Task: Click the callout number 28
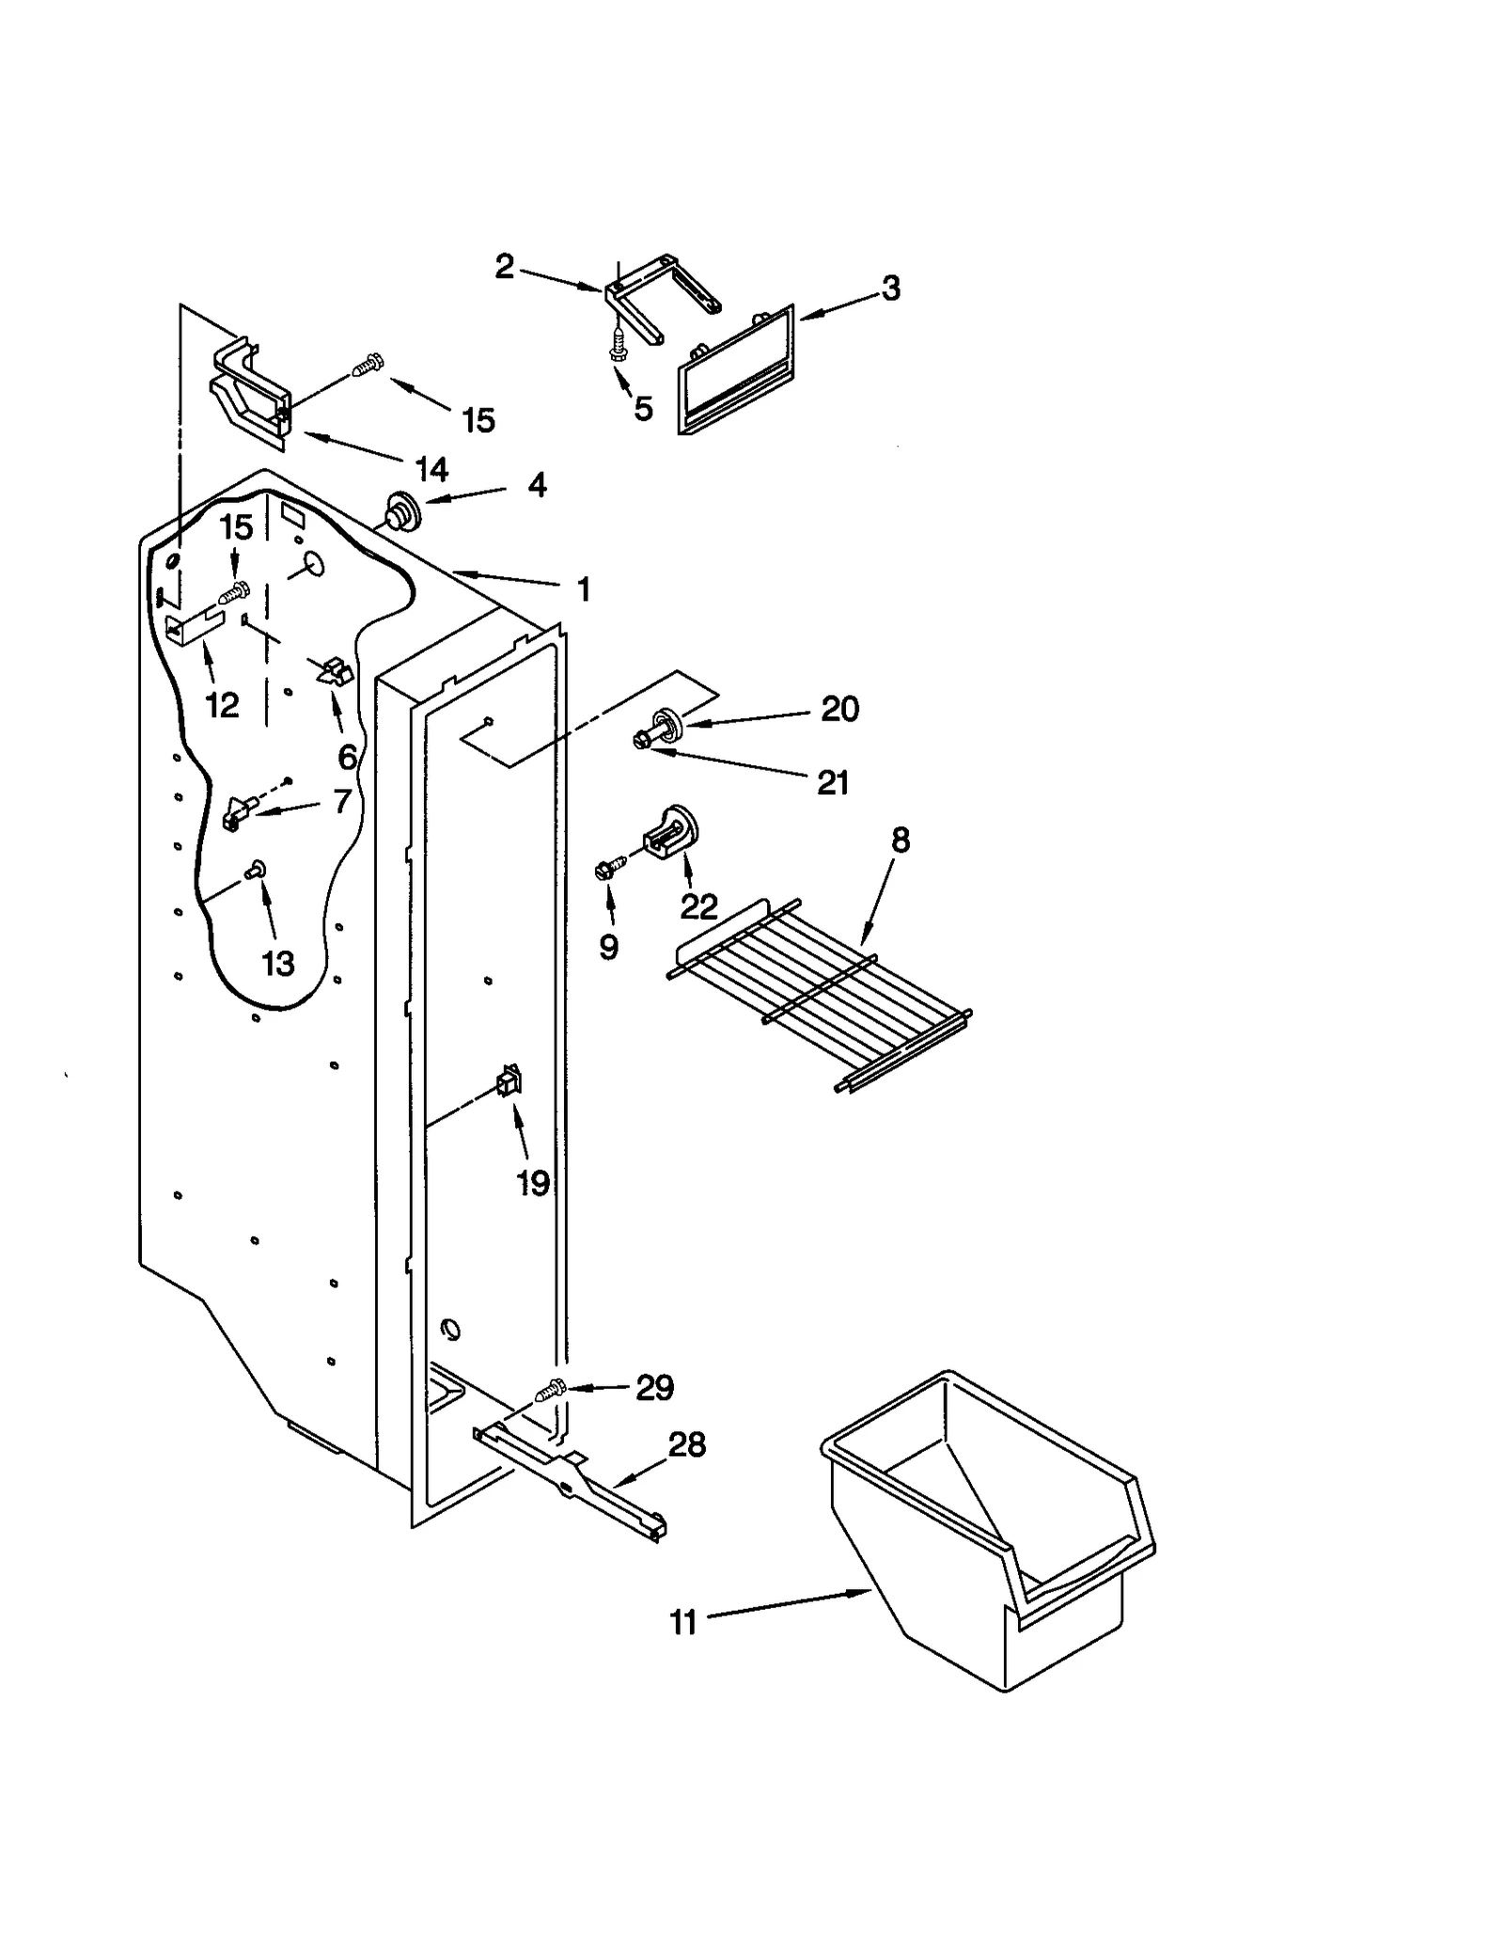click(686, 1444)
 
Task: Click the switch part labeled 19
click(509, 1083)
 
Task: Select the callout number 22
click(698, 906)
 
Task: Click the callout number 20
click(839, 709)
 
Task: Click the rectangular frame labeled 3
click(735, 370)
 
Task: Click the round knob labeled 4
click(402, 512)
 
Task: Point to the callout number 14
click(432, 469)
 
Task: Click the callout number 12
click(223, 704)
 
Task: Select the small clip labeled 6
click(332, 672)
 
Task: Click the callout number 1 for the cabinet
click(584, 590)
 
